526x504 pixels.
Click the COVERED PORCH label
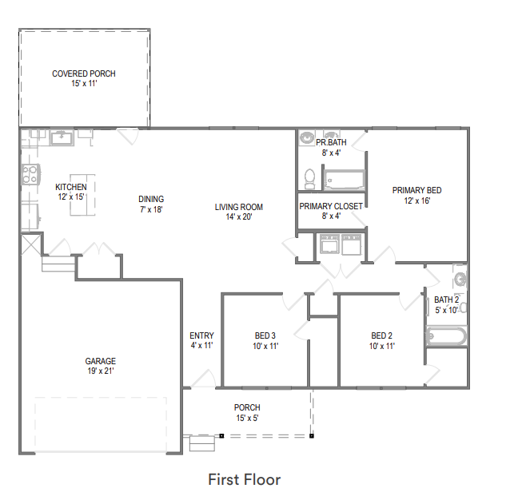pos(84,73)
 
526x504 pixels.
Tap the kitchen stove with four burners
pos(30,174)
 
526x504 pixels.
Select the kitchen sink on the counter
pos(62,137)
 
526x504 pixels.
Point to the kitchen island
pos(82,195)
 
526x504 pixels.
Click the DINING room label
pos(151,199)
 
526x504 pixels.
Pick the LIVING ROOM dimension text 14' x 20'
pos(239,216)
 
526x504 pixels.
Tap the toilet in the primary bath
pos(309,178)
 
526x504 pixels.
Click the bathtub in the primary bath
pos(345,180)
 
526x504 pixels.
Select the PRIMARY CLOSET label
pos(331,206)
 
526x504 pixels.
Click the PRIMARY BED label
pos(417,190)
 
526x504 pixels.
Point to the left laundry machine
pos(329,244)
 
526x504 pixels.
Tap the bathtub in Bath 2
pos(446,336)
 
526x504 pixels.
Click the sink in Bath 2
pos(460,278)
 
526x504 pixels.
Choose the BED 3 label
pos(265,335)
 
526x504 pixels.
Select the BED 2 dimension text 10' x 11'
pos(382,346)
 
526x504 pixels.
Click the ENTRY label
pos(201,335)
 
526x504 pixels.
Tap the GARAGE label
pos(100,361)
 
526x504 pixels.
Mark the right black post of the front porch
pos(312,436)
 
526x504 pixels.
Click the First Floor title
pos(245,479)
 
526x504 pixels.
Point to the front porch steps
pos(202,443)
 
